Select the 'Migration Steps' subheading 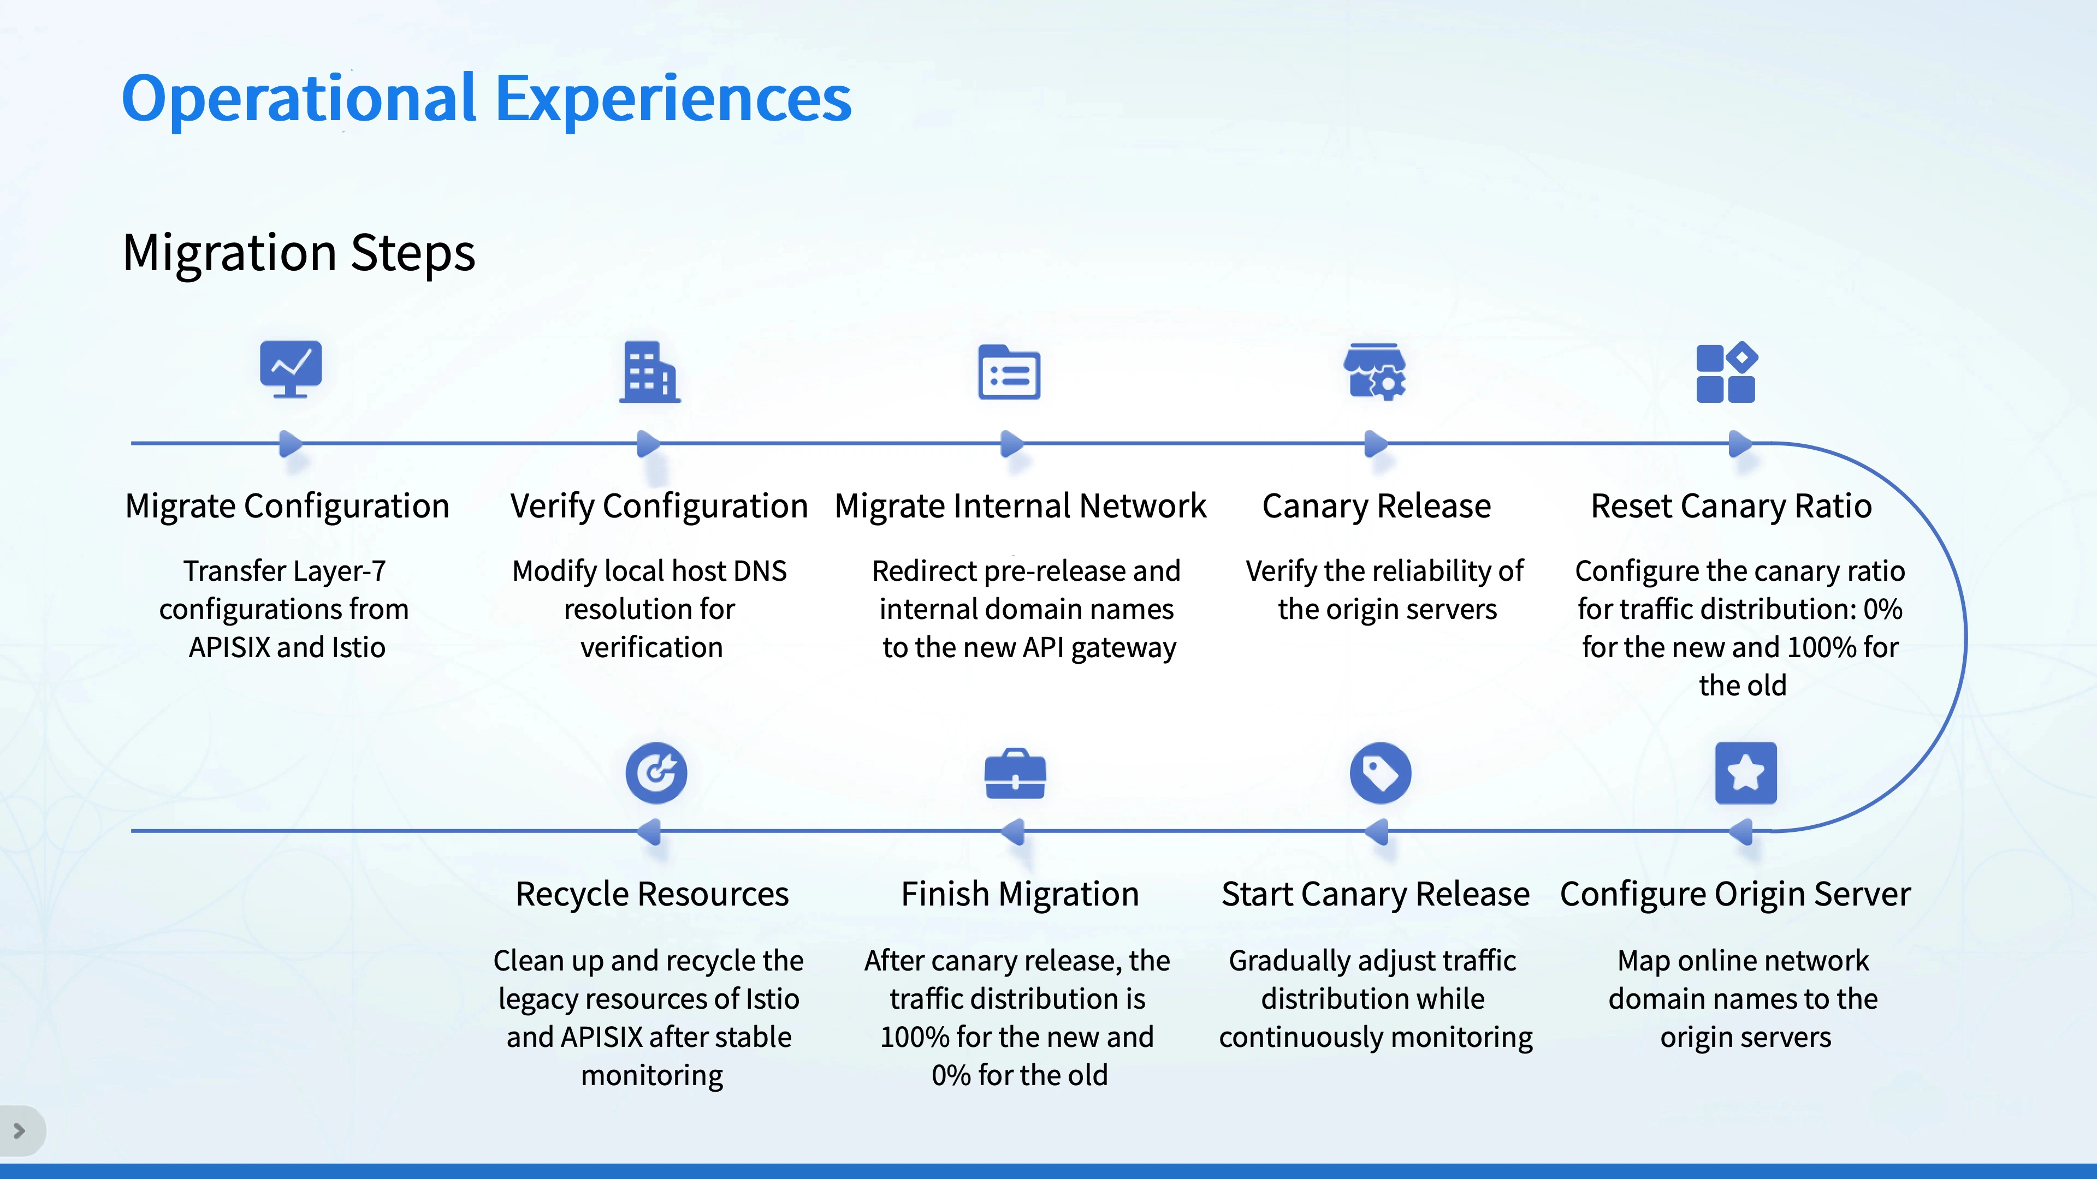(x=299, y=253)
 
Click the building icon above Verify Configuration (x=650, y=372)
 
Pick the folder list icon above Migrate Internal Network (x=1009, y=372)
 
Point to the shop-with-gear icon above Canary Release (x=1375, y=372)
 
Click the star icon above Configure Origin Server (x=1745, y=773)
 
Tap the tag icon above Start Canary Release (x=1381, y=773)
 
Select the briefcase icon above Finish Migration (x=1015, y=774)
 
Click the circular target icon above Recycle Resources (x=656, y=773)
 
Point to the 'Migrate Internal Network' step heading (x=1020, y=506)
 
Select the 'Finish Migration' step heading (x=1019, y=894)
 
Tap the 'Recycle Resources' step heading (x=652, y=894)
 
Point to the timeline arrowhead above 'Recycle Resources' (x=649, y=831)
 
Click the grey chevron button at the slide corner (x=20, y=1131)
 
